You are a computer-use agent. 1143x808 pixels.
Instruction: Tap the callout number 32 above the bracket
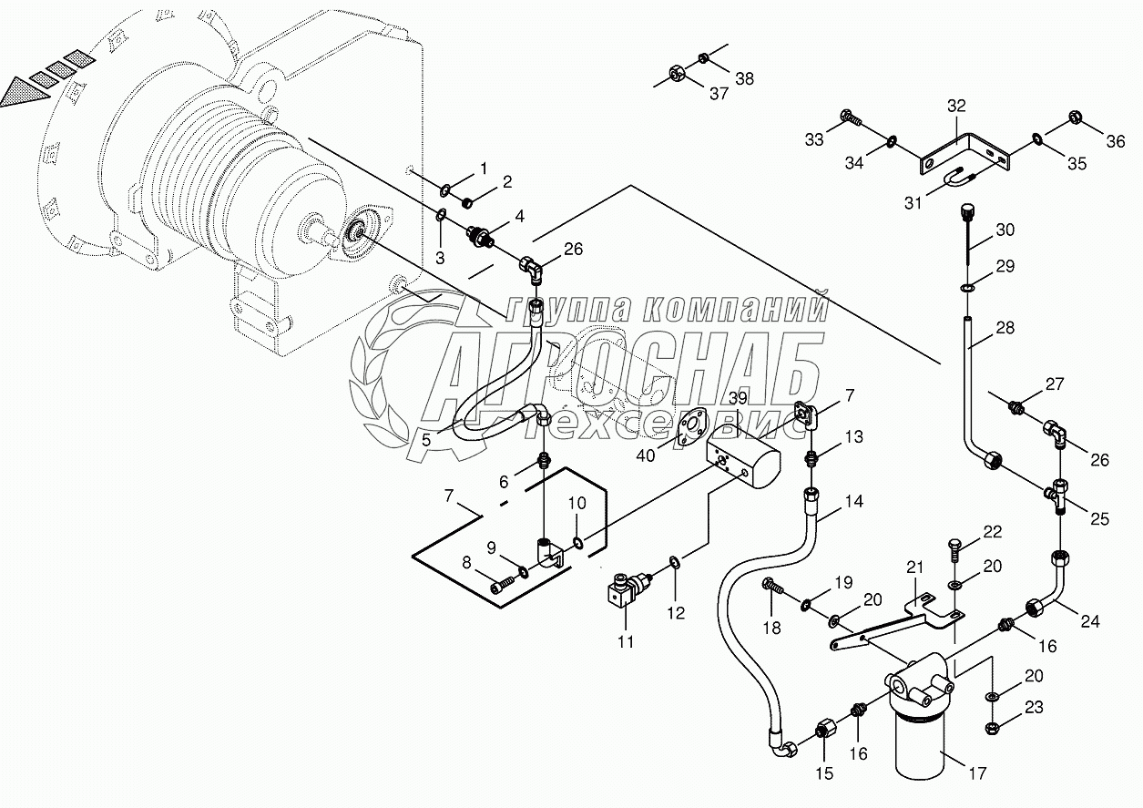957,106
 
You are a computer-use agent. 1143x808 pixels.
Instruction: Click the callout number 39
738,397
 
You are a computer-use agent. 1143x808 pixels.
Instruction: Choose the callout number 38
744,78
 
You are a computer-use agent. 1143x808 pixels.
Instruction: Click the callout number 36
1116,141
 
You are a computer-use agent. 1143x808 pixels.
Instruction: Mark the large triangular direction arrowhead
26,92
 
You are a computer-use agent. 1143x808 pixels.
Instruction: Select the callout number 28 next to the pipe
1005,327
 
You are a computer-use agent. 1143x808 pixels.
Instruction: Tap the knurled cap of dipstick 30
967,210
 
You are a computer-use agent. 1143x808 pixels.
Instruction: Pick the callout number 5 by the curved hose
426,439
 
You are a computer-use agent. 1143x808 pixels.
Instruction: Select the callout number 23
1034,707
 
